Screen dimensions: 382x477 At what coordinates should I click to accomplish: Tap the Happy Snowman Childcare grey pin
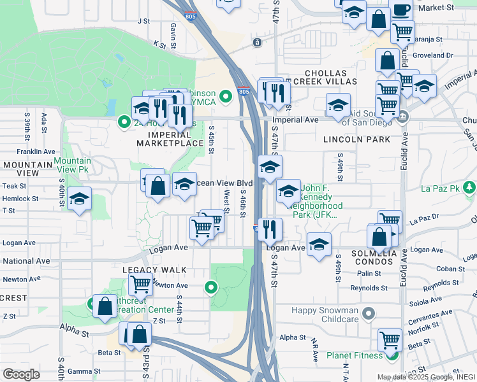368,313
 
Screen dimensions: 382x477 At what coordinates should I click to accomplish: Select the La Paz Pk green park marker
470,188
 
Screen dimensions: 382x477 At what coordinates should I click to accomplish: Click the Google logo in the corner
21,374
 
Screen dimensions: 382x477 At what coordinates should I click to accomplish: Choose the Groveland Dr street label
432,55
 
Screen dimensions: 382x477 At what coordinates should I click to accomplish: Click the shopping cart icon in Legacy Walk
140,284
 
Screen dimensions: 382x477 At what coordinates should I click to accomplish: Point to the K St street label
159,45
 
